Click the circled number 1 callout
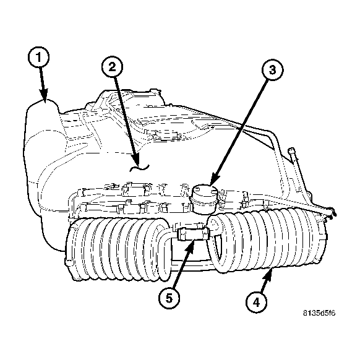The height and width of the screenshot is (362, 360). click(x=38, y=58)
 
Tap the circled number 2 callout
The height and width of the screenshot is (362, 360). click(x=112, y=67)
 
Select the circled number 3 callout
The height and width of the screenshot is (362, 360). click(x=272, y=70)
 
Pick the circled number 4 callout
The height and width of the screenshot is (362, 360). click(x=257, y=302)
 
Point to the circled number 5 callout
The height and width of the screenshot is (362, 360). click(x=169, y=298)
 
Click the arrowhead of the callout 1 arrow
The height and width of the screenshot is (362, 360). click(x=44, y=95)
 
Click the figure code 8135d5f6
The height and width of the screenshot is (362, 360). click(x=319, y=313)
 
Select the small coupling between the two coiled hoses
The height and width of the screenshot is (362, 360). click(x=194, y=233)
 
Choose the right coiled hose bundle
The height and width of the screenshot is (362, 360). click(x=267, y=240)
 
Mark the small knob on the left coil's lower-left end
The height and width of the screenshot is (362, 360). click(x=69, y=262)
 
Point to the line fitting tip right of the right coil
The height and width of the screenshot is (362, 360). click(x=332, y=213)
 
